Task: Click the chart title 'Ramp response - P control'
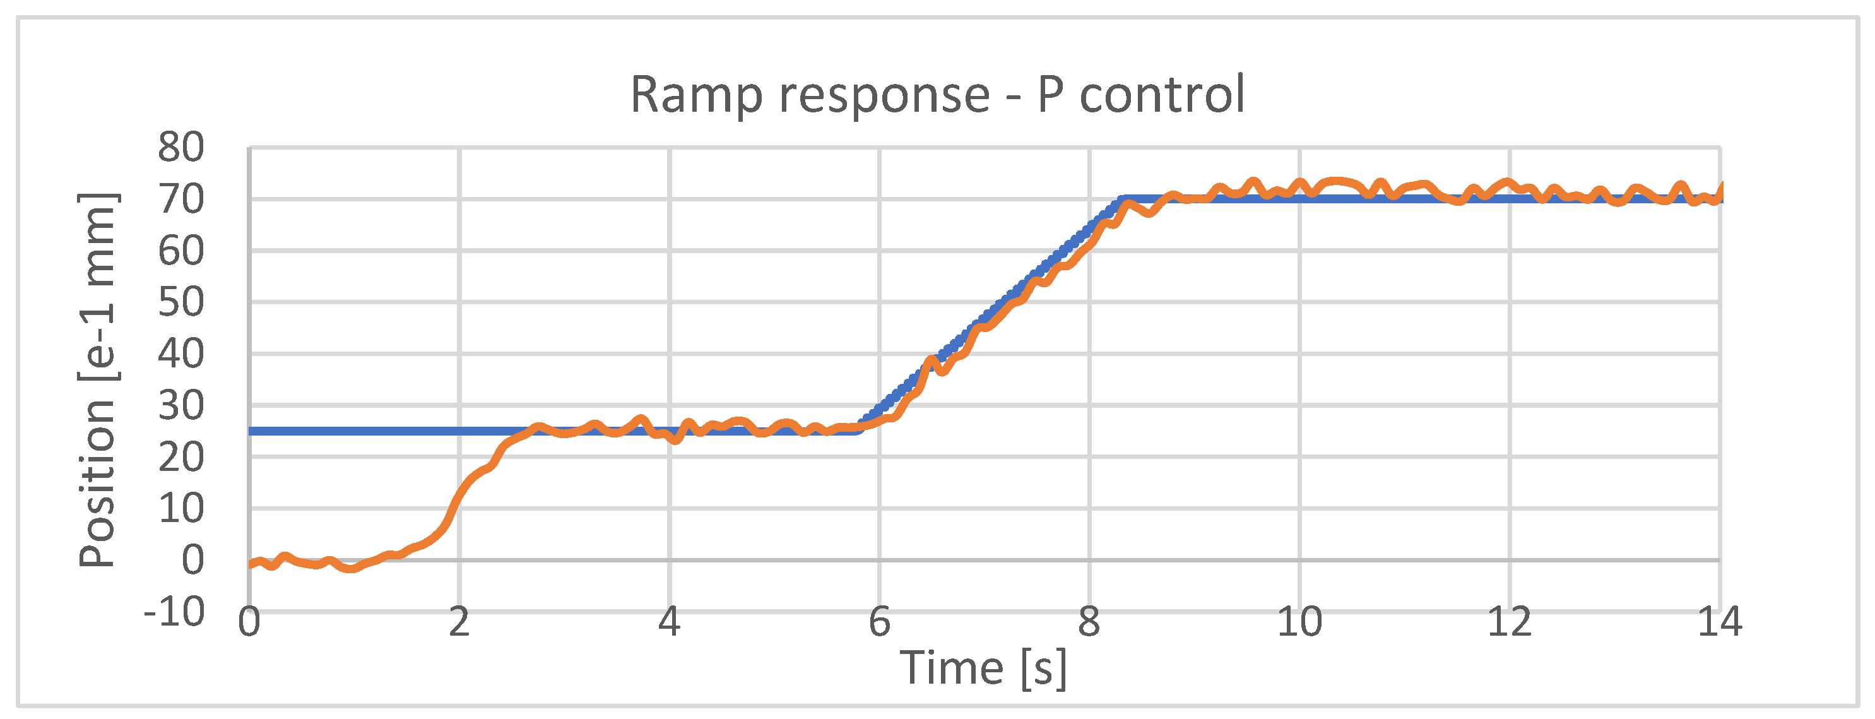(937, 95)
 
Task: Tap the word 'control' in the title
(1162, 95)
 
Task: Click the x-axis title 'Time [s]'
(983, 667)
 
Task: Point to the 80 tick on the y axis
(181, 148)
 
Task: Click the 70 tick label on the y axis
(181, 199)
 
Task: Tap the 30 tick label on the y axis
(181, 405)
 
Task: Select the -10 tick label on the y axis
(175, 612)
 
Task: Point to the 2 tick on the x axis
(459, 623)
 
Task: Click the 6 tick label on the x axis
(879, 623)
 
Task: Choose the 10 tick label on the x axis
(1300, 623)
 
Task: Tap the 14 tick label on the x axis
(1719, 623)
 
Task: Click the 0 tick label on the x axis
(250, 623)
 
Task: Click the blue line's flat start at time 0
(251, 431)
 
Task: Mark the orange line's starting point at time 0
(251, 564)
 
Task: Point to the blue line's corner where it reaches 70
(1124, 199)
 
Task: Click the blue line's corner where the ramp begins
(860, 429)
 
